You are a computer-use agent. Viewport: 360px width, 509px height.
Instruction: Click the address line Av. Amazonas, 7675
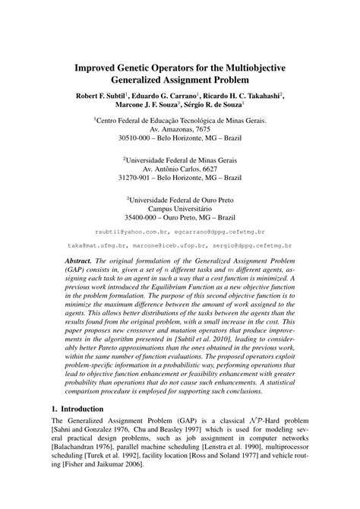tap(179, 130)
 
